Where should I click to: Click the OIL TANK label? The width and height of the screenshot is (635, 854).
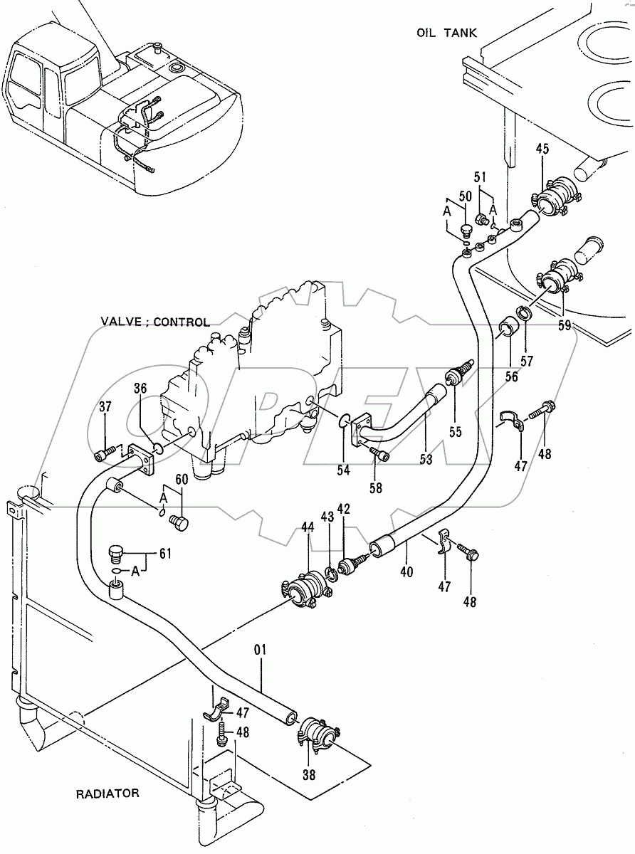(447, 33)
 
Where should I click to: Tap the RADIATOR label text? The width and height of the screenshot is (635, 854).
(108, 793)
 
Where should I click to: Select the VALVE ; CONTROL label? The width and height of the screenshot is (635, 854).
(155, 322)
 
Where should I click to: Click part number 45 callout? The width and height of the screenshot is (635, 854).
(542, 149)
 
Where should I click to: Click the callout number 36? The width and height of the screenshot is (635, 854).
(140, 389)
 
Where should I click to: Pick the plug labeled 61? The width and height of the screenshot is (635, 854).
(115, 553)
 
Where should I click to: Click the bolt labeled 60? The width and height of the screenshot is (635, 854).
(178, 524)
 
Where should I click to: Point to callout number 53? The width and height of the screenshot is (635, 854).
(426, 460)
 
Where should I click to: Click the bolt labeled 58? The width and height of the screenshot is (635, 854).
(382, 455)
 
